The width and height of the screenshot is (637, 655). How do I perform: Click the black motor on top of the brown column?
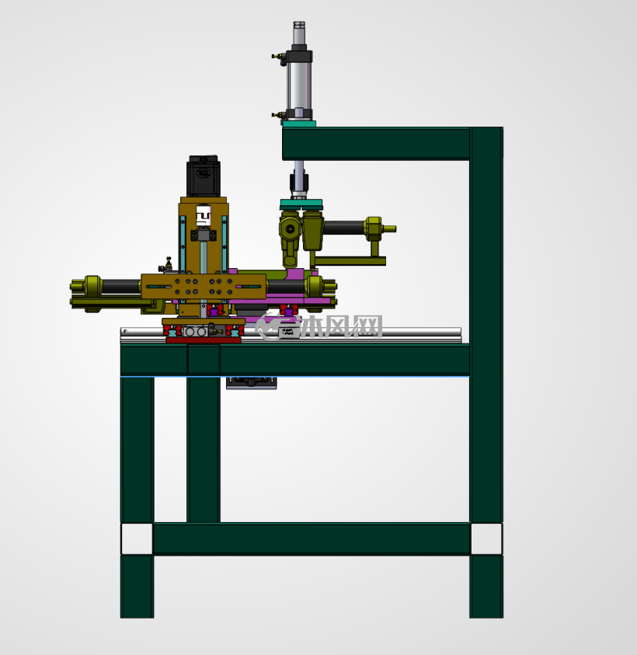(x=203, y=176)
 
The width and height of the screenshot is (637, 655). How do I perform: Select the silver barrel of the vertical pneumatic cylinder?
(x=299, y=85)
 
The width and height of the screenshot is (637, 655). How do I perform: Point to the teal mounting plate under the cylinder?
(x=298, y=124)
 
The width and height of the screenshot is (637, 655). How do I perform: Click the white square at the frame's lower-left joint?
(x=137, y=539)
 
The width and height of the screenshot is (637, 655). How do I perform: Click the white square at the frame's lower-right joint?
(x=486, y=539)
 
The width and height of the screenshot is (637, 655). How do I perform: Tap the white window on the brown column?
(x=204, y=216)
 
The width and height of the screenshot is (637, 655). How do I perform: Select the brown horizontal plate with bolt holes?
(x=204, y=287)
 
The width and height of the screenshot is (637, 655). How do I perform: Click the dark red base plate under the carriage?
(x=204, y=340)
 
